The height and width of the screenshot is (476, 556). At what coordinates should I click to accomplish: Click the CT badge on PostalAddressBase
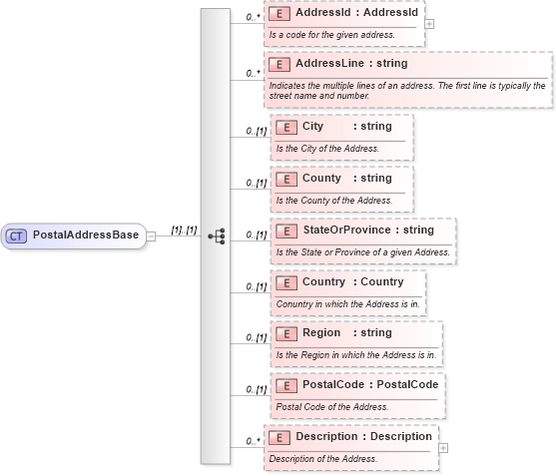[x=16, y=237]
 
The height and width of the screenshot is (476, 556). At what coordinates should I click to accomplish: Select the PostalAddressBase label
[x=86, y=237]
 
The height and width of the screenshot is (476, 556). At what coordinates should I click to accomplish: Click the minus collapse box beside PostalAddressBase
[x=152, y=237]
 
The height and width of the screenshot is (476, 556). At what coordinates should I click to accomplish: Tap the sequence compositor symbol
[x=217, y=237]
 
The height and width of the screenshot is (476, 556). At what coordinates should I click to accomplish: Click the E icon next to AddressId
[x=280, y=14]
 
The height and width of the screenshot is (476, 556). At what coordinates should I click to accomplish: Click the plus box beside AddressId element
[x=429, y=23]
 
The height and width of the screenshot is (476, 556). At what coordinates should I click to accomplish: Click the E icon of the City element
[x=286, y=127]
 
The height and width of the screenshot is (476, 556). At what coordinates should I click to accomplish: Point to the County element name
[x=321, y=179]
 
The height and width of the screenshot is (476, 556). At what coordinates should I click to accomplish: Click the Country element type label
[x=382, y=282]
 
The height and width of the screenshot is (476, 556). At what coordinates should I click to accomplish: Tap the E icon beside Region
[x=286, y=333]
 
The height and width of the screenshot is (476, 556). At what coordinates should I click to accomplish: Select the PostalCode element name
[x=333, y=384]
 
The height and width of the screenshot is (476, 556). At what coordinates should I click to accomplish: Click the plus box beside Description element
[x=443, y=448]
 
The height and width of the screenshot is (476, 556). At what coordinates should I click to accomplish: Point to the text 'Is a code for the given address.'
[x=331, y=35]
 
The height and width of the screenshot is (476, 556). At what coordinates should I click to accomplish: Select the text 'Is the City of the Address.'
[x=327, y=149]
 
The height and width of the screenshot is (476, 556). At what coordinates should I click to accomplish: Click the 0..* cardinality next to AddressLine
[x=254, y=74]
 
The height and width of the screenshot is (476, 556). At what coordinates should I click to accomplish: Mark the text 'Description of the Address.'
[x=323, y=458]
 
